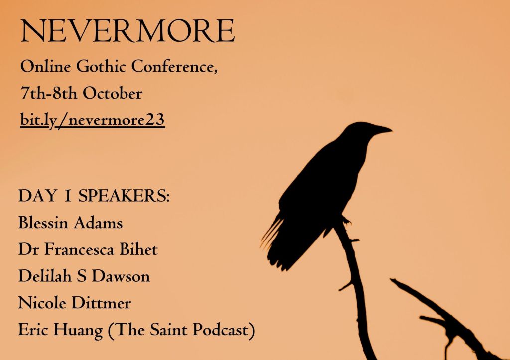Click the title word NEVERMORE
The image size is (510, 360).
(127, 31)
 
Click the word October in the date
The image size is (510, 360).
(113, 93)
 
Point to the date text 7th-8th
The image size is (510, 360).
(49, 93)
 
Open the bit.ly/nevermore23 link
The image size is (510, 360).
(92, 120)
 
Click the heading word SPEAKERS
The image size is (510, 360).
(124, 196)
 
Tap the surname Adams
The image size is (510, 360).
(98, 223)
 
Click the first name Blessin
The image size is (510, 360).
(43, 223)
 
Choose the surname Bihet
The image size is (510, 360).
(139, 249)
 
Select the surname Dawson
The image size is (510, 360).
(121, 276)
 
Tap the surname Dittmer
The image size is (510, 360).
(101, 303)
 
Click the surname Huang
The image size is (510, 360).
(78, 330)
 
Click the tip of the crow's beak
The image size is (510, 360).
(392, 131)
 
